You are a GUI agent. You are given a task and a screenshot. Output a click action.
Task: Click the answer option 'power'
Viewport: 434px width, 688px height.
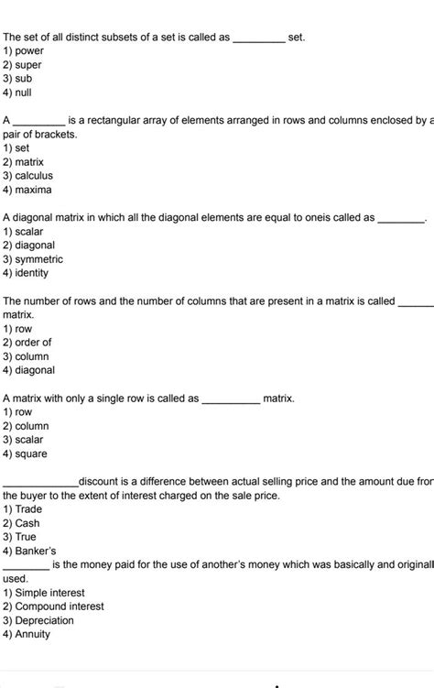point(28,51)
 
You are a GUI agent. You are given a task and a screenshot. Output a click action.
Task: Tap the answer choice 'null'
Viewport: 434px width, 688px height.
point(25,93)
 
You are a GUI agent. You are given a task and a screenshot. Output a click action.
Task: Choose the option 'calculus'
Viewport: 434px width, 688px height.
point(33,176)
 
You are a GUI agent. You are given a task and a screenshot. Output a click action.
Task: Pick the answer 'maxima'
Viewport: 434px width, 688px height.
point(32,190)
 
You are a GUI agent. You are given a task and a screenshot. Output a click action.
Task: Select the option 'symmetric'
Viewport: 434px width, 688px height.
point(38,259)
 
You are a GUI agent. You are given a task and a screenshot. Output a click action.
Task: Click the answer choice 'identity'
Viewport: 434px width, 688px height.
point(32,273)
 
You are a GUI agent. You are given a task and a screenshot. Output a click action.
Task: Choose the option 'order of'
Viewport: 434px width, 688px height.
point(33,343)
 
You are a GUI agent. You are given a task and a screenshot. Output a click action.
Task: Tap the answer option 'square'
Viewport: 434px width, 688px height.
point(30,453)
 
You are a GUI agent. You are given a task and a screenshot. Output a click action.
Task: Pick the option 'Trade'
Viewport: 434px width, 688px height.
point(28,509)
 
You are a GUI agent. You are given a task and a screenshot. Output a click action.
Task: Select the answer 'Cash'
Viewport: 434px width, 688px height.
point(27,523)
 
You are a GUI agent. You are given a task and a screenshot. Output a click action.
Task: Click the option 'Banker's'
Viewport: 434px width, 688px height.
point(35,551)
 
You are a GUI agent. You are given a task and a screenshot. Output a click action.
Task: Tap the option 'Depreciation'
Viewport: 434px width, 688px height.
point(44,620)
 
